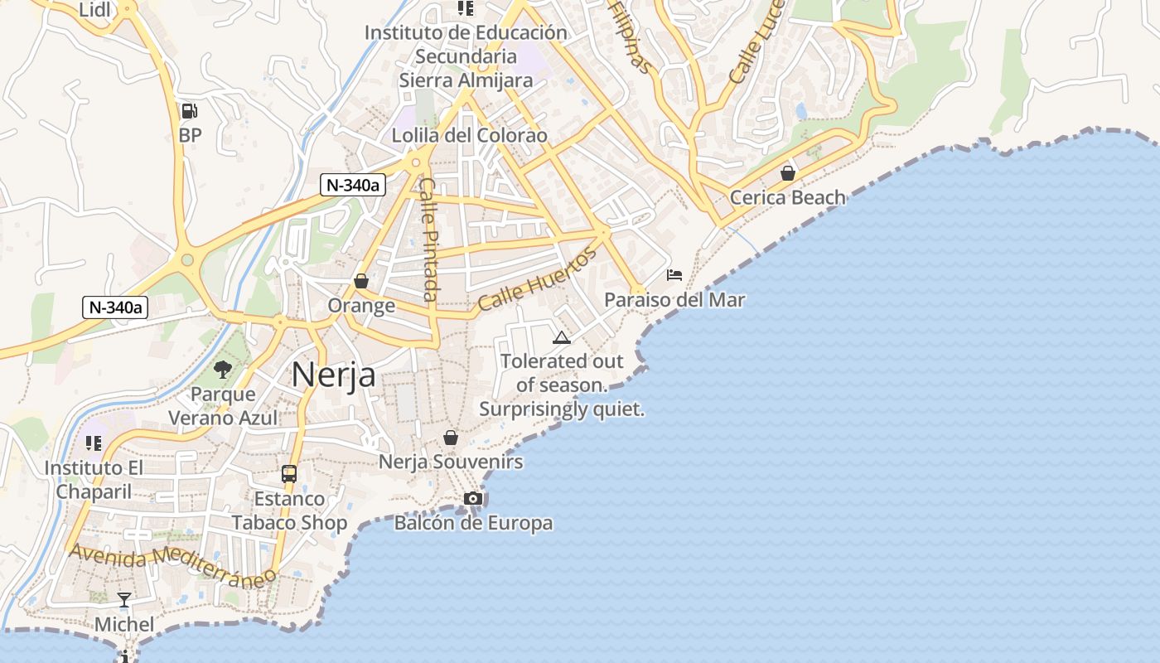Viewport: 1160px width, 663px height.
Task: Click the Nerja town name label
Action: pos(333,375)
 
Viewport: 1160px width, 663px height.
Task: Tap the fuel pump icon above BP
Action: pos(190,111)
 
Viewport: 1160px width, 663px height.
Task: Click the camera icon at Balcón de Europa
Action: pos(473,498)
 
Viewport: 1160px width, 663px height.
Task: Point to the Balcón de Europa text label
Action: pos(473,523)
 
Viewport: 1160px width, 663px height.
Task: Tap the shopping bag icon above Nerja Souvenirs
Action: pos(451,438)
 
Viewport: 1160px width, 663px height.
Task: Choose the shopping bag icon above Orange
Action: pos(360,282)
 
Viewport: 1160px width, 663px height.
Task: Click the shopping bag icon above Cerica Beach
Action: pos(787,173)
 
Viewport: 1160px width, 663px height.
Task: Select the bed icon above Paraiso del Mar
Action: pos(674,275)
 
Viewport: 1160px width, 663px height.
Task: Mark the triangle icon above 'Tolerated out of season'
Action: pos(562,337)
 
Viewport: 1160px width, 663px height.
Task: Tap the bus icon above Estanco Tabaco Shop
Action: pos(289,474)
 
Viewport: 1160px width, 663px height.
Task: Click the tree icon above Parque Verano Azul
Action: pos(222,369)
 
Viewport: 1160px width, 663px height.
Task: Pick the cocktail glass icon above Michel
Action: pos(124,599)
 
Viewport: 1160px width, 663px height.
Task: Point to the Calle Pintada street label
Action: pos(428,240)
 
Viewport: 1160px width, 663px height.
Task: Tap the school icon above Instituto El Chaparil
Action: pos(93,443)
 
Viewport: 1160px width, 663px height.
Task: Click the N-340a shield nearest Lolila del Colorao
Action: pos(352,185)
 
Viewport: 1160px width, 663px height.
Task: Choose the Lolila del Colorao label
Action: pos(469,135)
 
